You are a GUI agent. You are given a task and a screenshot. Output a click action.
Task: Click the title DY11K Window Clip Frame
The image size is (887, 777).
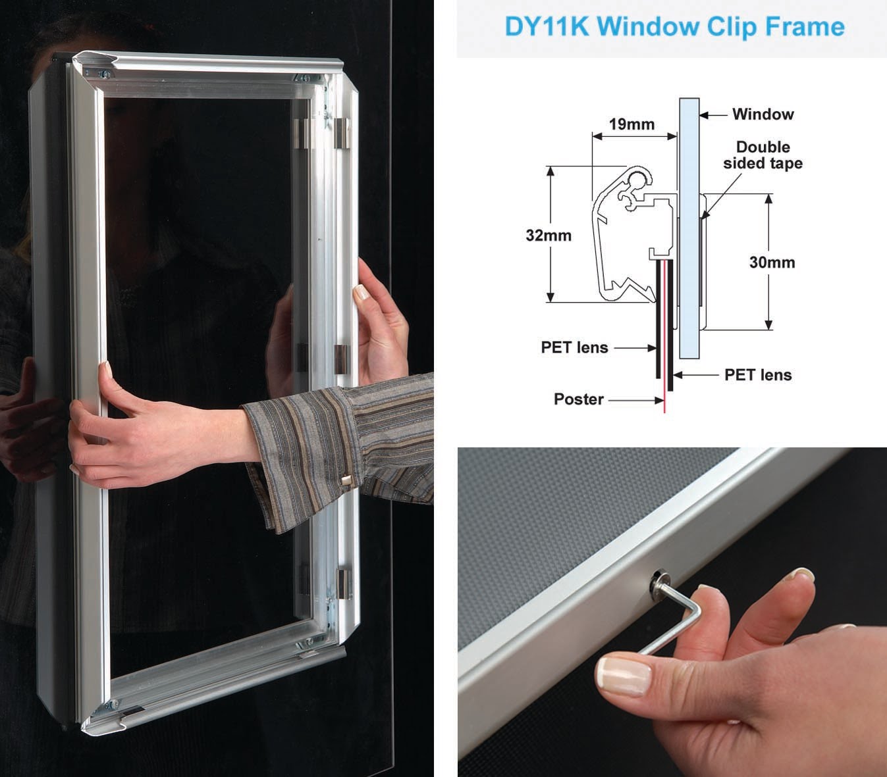tap(674, 27)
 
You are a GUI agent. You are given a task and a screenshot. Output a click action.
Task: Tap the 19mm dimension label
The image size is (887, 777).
tap(631, 124)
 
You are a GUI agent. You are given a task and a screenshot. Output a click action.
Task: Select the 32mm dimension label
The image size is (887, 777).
tap(548, 235)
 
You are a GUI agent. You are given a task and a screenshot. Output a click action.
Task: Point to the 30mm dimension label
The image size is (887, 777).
tap(772, 263)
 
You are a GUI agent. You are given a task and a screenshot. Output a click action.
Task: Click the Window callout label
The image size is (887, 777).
tap(763, 114)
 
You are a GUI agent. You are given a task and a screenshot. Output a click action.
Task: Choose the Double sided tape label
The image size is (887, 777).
tap(763, 155)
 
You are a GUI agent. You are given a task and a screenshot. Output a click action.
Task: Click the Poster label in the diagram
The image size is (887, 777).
tap(578, 399)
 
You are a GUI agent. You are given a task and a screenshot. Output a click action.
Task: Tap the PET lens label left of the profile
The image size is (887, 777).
tap(574, 347)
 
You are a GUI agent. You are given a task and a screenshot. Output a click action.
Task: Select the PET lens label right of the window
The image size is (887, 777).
tap(757, 375)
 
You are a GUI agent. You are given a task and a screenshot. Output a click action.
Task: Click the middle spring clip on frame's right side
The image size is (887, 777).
tap(341, 359)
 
